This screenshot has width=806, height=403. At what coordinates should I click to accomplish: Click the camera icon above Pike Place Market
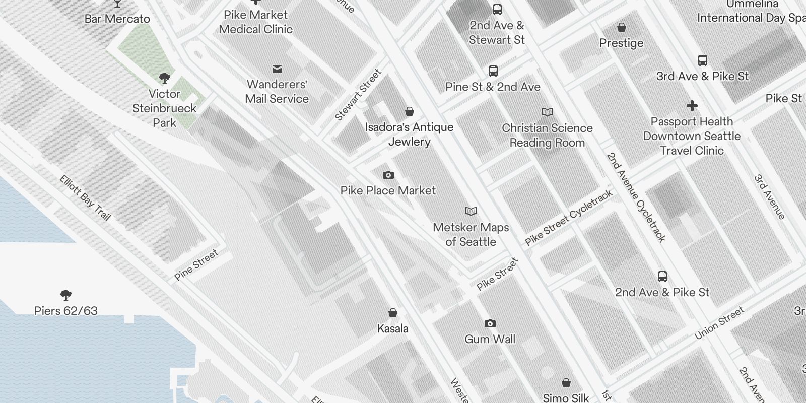click(x=388, y=175)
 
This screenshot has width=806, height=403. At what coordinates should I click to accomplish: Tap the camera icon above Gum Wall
click(x=490, y=323)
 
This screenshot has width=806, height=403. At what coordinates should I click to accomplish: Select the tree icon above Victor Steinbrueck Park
click(x=164, y=78)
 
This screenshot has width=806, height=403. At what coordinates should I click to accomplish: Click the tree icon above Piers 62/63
click(x=65, y=295)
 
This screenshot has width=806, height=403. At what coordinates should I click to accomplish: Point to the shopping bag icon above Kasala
click(x=393, y=313)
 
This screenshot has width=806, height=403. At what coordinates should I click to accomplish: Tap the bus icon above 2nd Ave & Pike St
click(x=662, y=277)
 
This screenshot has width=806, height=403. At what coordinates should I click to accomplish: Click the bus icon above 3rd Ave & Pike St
click(x=702, y=60)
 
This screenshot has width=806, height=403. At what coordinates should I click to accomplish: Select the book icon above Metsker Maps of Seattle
click(x=471, y=212)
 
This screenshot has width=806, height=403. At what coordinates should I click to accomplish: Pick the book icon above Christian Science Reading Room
click(x=547, y=112)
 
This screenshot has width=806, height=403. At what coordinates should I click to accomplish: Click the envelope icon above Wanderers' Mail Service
click(x=277, y=69)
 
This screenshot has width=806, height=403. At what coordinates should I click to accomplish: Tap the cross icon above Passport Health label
click(x=692, y=106)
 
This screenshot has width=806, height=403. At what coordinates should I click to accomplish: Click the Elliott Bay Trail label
click(x=85, y=197)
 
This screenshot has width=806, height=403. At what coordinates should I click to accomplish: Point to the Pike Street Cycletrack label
click(x=569, y=218)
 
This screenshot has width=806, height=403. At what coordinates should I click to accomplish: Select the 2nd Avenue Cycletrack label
click(x=636, y=197)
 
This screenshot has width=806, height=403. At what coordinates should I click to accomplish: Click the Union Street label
click(x=719, y=323)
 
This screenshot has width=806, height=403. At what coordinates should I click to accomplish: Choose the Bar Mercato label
click(x=117, y=19)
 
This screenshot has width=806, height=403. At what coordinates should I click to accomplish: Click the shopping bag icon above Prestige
click(x=622, y=27)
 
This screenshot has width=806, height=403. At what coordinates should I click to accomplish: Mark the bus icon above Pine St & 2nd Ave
click(x=493, y=71)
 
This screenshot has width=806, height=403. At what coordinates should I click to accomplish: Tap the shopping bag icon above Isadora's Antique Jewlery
click(x=410, y=111)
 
